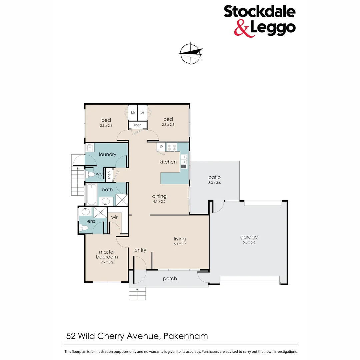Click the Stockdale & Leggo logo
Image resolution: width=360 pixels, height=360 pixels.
pos(259,20)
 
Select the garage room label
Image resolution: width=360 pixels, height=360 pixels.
pos(249,237)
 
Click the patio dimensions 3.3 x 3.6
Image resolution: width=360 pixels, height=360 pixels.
pos(214,183)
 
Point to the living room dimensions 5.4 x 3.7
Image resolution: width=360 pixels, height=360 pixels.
pos(180,244)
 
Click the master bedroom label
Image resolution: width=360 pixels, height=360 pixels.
pos(107,254)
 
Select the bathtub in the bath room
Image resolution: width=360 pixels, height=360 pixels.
pos(91,195)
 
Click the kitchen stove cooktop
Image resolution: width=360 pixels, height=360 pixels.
pos(171,147)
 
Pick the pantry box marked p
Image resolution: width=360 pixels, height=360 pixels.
pos(161,147)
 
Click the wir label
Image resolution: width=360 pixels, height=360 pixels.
pos(114,217)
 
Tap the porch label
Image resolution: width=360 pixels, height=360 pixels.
pos(170,278)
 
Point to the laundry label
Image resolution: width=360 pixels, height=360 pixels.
pos(107,154)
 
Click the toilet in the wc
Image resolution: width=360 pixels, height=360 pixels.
pos(90,174)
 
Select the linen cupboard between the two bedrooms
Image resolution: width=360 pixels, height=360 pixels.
pos(138,125)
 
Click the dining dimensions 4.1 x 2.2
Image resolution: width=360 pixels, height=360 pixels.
pos(159,201)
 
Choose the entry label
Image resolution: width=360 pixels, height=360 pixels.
pos(140,250)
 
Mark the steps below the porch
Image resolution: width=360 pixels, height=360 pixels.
pos(138,293)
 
